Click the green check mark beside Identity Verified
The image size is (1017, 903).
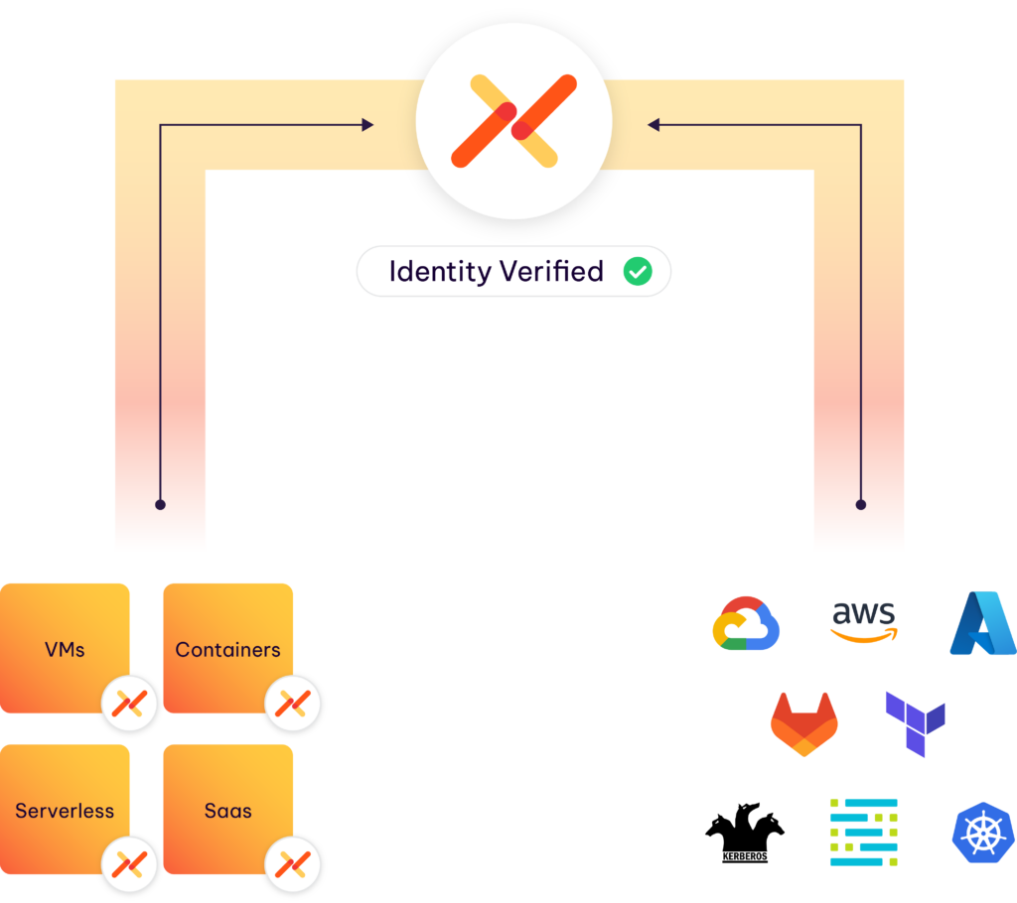637,272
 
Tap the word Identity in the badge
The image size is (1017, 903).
436,272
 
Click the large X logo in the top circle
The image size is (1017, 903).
513,121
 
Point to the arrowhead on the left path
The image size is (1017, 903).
367,125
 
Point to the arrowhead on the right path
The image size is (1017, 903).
654,125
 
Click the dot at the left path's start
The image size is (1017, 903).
160,504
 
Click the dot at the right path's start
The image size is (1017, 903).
861,504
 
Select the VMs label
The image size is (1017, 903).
65,650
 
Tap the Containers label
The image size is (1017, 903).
227,650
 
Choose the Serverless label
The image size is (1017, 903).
65,811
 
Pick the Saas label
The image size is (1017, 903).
227,811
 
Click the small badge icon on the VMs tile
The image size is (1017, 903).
130,704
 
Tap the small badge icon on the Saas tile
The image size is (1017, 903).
293,864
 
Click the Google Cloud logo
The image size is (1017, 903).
746,623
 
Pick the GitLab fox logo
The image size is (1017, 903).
803,724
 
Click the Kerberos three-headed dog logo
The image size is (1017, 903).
745,832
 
